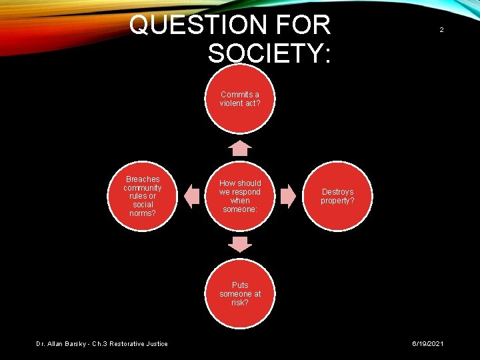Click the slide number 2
pos(441,30)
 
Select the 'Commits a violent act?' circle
pos(240,99)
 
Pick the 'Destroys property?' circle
pos(337,196)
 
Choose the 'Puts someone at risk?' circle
pos(240,293)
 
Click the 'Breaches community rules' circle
pos(143,196)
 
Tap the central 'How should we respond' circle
pos(240,196)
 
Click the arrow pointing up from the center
pos(240,147)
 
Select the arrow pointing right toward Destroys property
pos(288,196)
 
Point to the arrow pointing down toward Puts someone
pos(240,244)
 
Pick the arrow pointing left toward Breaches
pos(192,196)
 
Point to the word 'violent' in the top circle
pos(232,103)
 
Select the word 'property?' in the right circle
pos(337,201)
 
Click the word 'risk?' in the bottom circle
pos(240,303)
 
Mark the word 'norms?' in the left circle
pos(143,213)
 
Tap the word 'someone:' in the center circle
pos(240,209)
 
